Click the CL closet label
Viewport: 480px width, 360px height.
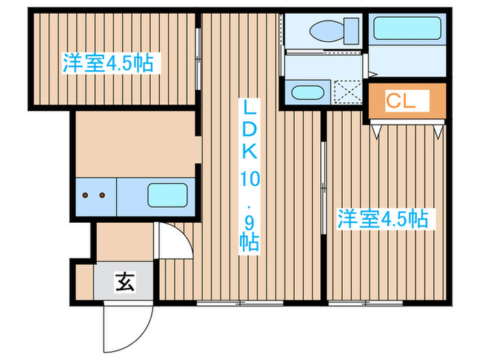[400, 100]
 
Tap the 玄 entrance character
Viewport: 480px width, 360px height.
[125, 281]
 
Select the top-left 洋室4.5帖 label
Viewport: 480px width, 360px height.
[108, 63]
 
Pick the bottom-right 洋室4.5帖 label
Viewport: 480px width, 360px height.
[383, 219]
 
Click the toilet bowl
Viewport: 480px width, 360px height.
[326, 31]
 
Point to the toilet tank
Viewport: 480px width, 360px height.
[351, 31]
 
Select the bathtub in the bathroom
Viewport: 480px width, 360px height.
[407, 28]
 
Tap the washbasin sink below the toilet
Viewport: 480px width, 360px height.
[307, 93]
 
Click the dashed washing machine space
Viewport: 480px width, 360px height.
[348, 92]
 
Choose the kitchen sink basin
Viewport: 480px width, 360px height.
[167, 195]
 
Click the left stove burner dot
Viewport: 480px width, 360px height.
[86, 195]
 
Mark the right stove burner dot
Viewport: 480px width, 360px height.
[102, 195]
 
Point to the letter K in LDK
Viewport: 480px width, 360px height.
[250, 151]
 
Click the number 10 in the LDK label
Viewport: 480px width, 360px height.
[250, 179]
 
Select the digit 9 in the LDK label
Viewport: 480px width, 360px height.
[250, 224]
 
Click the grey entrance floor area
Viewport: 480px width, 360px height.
[123, 281]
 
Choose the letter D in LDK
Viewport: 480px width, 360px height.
[250, 129]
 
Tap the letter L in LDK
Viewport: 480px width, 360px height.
[250, 108]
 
